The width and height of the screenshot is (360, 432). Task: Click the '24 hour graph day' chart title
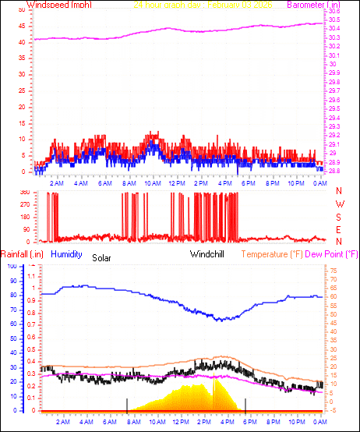[x=168, y=5]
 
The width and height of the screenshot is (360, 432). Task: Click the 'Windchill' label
[x=208, y=253]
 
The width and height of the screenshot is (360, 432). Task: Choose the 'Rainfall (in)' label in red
[x=22, y=253]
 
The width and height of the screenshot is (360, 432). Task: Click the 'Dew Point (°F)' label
[x=335, y=253]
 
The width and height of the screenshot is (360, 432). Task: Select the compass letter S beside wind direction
[x=340, y=217]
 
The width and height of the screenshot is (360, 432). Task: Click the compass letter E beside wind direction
[x=340, y=229]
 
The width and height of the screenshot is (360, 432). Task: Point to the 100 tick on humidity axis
[x=11, y=266]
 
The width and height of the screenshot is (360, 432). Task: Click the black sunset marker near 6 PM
[x=246, y=404]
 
